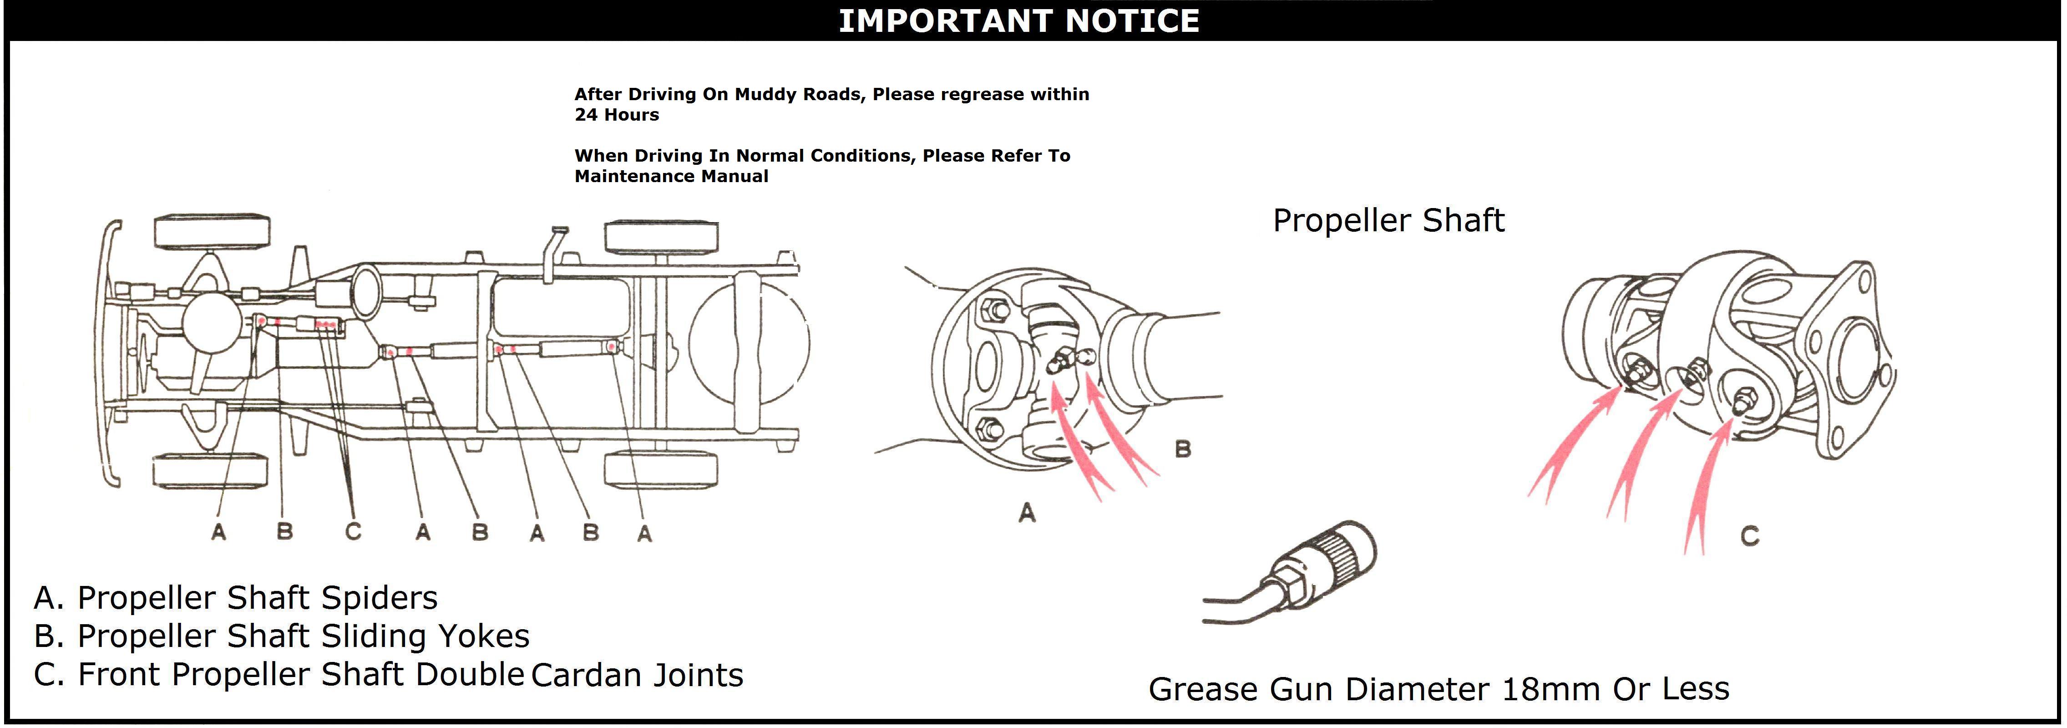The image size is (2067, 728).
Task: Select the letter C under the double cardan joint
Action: pyautogui.click(x=1750, y=536)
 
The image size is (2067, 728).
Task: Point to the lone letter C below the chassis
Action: pyautogui.click(x=353, y=531)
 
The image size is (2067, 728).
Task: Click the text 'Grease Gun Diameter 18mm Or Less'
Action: pyautogui.click(x=1439, y=689)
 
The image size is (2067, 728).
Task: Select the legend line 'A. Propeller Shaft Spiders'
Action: pyautogui.click(x=236, y=598)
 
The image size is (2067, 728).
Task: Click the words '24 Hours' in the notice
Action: pyautogui.click(x=616, y=115)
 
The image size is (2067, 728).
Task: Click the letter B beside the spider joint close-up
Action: pyautogui.click(x=1183, y=449)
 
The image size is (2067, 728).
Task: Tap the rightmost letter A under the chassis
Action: pyautogui.click(x=644, y=534)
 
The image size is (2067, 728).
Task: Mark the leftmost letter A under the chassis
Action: pyautogui.click(x=218, y=531)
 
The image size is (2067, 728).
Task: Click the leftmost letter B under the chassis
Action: pyautogui.click(x=285, y=531)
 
